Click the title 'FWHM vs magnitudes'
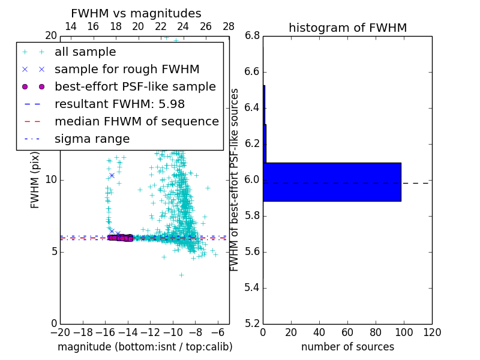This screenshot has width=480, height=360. point(136,13)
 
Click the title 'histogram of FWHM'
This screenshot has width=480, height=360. point(347,28)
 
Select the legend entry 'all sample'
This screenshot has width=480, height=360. point(85,52)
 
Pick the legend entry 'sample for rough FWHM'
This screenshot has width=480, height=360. point(127,70)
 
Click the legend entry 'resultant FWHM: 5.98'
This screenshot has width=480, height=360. point(119,104)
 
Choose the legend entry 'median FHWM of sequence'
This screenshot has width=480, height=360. point(136,122)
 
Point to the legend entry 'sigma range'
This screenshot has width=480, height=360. point(92,139)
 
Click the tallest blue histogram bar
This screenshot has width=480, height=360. point(332,182)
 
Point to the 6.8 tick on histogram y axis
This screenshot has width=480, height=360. point(252,36)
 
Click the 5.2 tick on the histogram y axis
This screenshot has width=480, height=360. point(252,323)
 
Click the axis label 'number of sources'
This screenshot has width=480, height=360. point(347,347)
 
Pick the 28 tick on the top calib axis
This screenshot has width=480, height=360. point(229,26)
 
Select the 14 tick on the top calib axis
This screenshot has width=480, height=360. point(70,26)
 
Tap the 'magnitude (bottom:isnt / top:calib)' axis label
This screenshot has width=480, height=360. point(145,347)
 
